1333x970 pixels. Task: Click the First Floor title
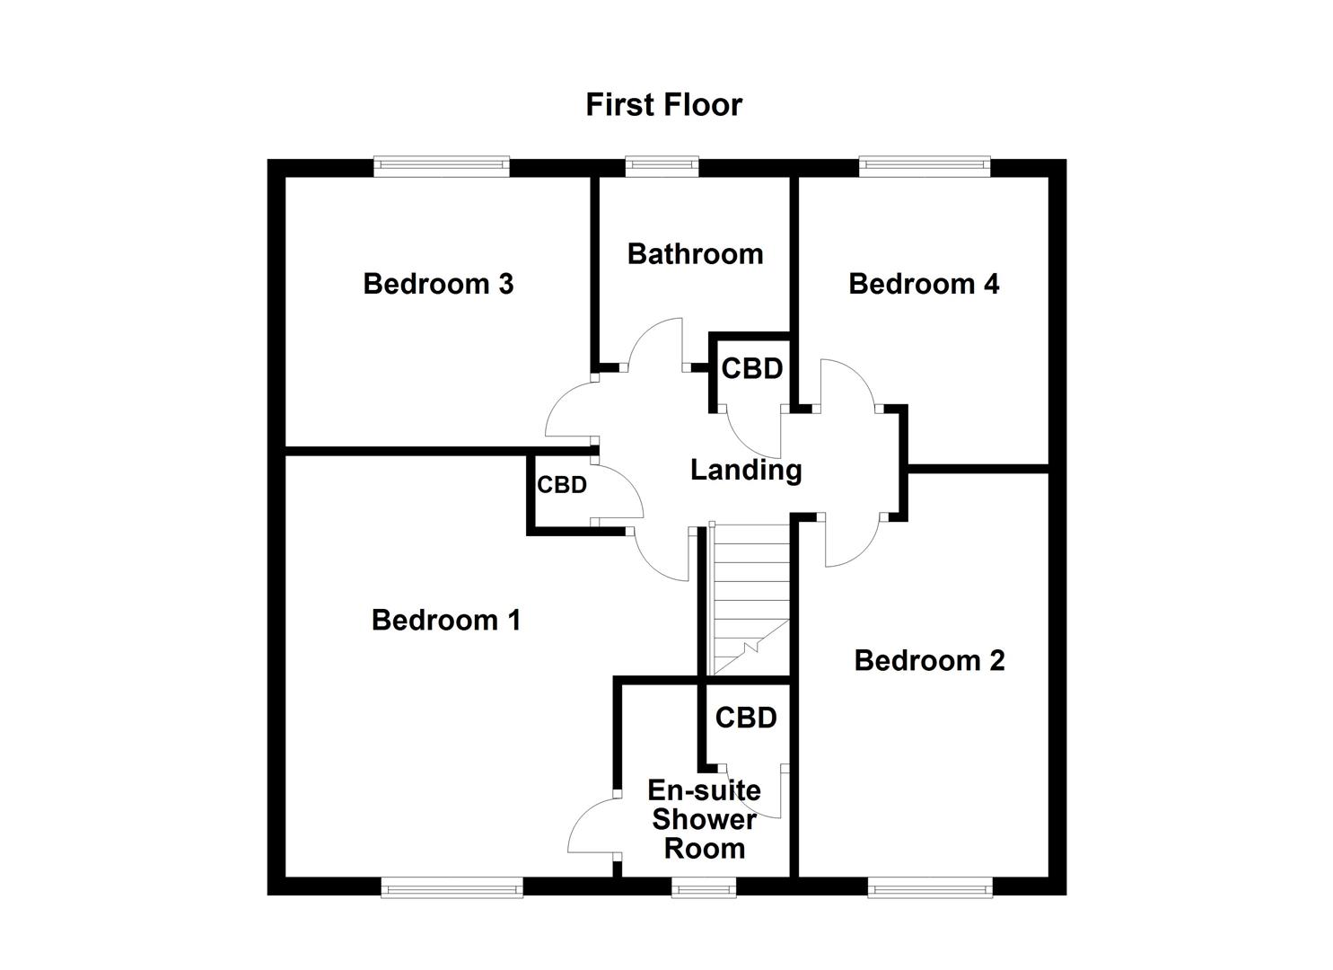[x=663, y=104]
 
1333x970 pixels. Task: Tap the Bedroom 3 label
[x=438, y=284]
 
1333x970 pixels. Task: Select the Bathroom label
[x=695, y=254]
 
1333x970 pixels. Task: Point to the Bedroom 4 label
[x=924, y=284]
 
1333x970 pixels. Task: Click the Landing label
[x=745, y=470]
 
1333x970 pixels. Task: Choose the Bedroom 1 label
[x=446, y=620]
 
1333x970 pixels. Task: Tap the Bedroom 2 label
[x=929, y=660]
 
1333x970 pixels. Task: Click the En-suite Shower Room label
[x=704, y=819]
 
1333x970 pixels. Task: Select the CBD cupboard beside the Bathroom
[x=751, y=369]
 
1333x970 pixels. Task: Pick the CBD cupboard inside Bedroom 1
[x=562, y=485]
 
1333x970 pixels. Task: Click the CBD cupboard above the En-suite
[x=746, y=718]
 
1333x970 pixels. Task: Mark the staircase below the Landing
[x=749, y=597]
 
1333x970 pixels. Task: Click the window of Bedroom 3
[x=442, y=165]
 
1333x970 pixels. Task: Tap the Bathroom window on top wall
[x=662, y=165]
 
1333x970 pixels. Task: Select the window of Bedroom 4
[x=925, y=165]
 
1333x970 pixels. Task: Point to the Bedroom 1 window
[x=452, y=889]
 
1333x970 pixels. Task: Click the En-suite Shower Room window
[x=704, y=889]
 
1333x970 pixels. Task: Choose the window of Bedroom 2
[x=930, y=889]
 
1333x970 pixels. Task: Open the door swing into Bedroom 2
[x=851, y=543]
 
